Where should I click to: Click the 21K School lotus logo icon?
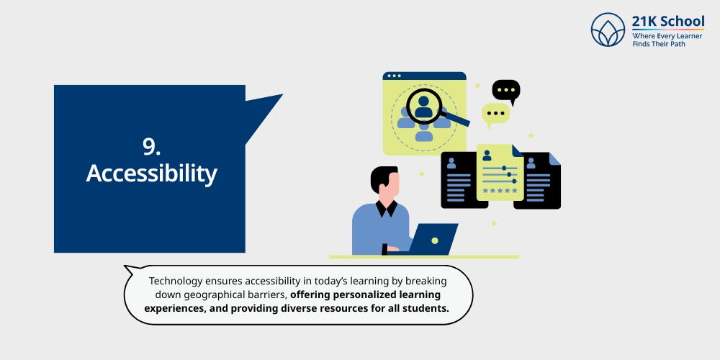[608, 30]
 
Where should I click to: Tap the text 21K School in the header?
[667, 21]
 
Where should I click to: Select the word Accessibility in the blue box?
[151, 174]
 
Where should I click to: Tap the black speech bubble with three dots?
[505, 91]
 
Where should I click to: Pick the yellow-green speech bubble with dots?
[495, 114]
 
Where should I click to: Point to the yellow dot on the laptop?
[435, 240]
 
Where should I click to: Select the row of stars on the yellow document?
[500, 191]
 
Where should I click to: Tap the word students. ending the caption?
[423, 308]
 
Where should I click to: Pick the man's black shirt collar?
[387, 209]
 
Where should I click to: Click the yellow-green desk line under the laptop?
[424, 256]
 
